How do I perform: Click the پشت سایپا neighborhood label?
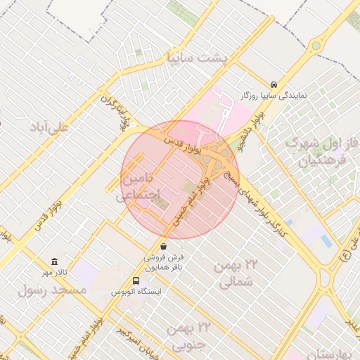pyautogui.click(x=195, y=58)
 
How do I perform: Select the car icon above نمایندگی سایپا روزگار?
pyautogui.click(x=274, y=82)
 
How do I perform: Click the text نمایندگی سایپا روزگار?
pyautogui.click(x=274, y=94)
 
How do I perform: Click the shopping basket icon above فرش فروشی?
pyautogui.click(x=164, y=246)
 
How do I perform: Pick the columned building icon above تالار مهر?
pyautogui.click(x=55, y=262)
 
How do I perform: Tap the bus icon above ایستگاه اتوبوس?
pyautogui.click(x=136, y=281)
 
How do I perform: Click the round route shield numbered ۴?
pyautogui.click(x=345, y=255)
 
